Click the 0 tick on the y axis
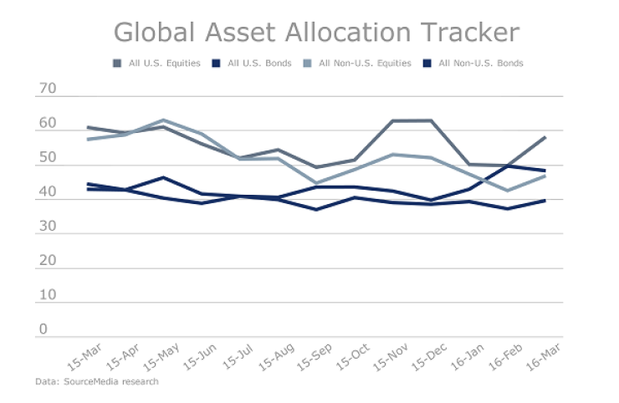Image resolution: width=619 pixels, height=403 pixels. click(43, 329)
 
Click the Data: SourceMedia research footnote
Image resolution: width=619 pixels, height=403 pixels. click(96, 381)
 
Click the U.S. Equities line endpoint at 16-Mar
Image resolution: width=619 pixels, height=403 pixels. click(545, 137)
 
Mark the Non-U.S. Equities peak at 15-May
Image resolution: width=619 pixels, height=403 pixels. click(163, 120)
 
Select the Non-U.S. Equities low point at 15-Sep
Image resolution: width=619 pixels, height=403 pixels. click(316, 183)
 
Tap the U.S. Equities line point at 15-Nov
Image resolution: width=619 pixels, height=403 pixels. click(392, 120)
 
